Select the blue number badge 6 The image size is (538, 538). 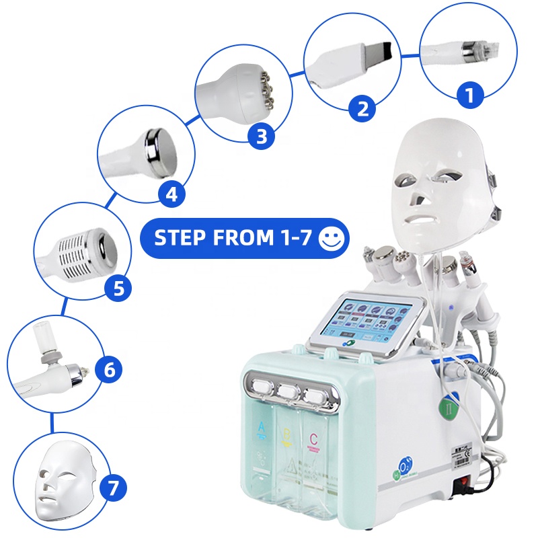click(110, 369)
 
